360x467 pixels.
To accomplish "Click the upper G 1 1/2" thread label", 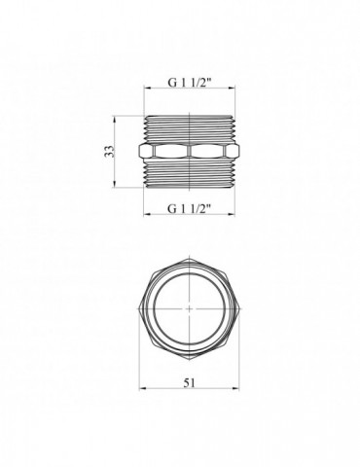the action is pos(190,83).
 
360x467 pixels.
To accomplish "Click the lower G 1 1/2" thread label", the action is pos(190,208).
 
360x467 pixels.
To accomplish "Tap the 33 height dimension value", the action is pos(110,151).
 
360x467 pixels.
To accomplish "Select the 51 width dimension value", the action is pos(190,382).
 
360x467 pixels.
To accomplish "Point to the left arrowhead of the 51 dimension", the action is pos(142,388).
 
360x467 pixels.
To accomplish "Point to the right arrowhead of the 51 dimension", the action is pos(236,388).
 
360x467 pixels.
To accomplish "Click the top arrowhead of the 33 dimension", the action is pos(114,119).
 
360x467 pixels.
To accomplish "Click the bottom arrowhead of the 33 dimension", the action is pos(114,184).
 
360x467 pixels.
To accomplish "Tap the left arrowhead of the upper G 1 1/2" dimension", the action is pos(148,88).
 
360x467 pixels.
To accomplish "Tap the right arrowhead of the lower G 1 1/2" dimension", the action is pos(232,214).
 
